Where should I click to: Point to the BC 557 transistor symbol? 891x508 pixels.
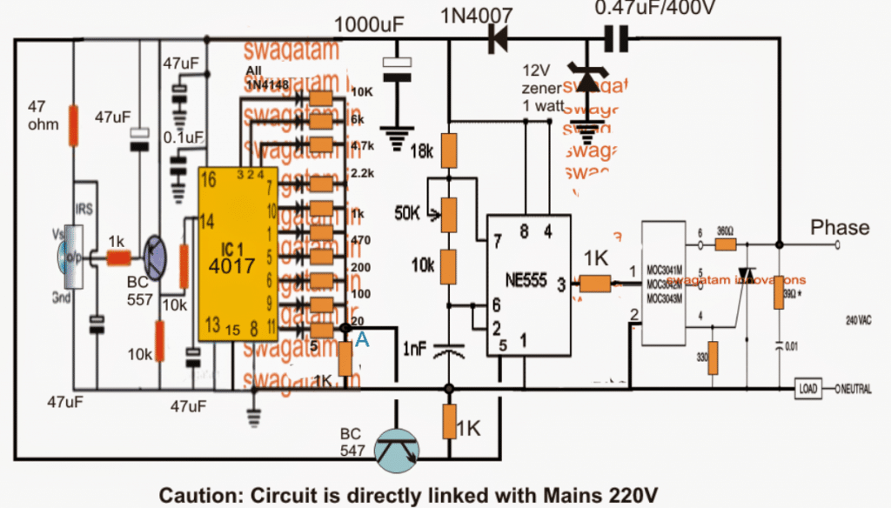tap(157, 258)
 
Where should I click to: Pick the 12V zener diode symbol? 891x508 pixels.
tap(589, 82)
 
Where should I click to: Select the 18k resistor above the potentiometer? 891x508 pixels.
tap(450, 150)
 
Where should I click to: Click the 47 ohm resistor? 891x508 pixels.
tap(75, 123)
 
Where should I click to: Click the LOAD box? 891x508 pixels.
tap(807, 389)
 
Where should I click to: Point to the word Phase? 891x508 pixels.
tap(840, 228)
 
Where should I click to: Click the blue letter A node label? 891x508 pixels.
tap(362, 342)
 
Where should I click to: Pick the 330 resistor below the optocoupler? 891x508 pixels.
tap(713, 357)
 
